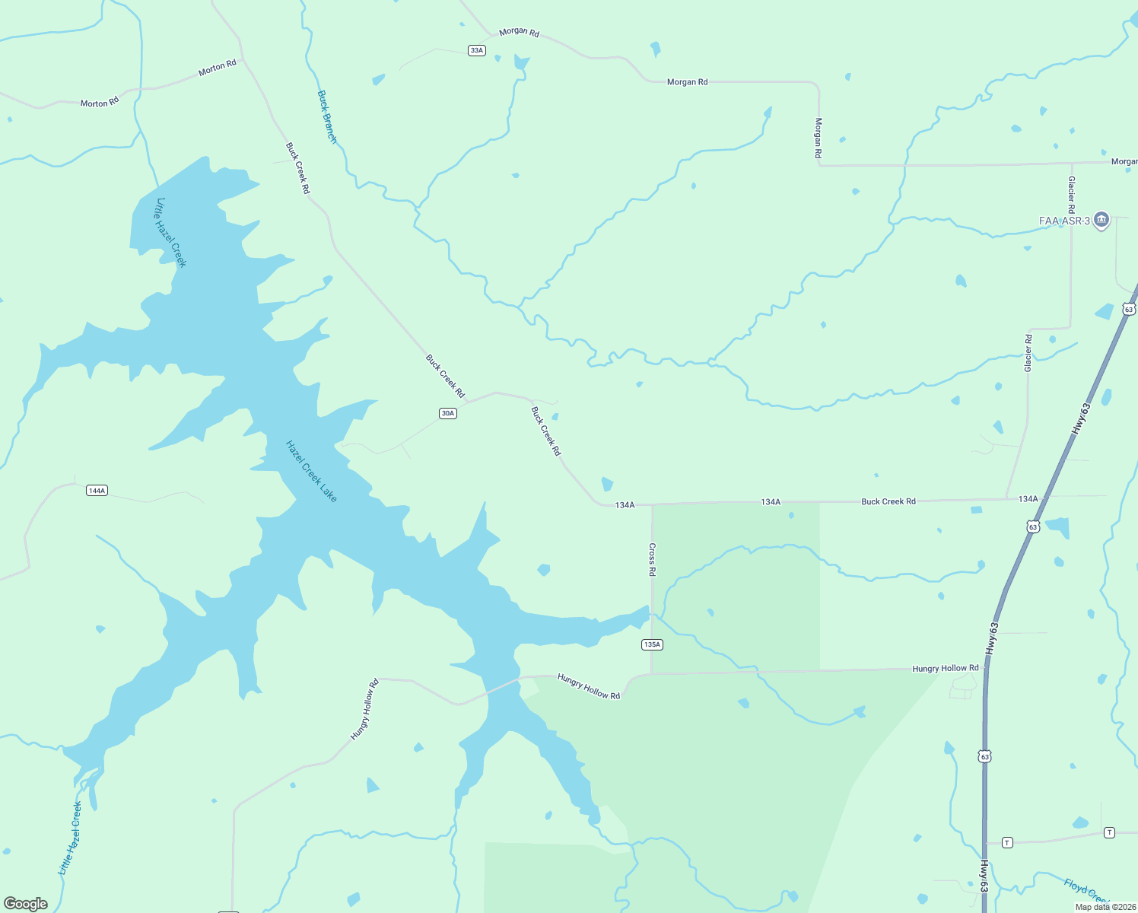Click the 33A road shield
click(476, 50)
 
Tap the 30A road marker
click(447, 413)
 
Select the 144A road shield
click(97, 491)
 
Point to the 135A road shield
click(652, 644)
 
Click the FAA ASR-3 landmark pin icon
click(1101, 221)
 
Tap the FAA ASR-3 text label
click(1064, 221)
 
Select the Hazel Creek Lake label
click(311, 471)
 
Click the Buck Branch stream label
click(327, 117)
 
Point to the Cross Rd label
click(652, 559)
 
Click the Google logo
click(25, 904)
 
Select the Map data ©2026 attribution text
click(1105, 907)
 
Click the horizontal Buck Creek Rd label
click(888, 501)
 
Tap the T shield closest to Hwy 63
click(1007, 842)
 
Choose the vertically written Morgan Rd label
click(819, 138)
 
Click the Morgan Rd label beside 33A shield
click(519, 32)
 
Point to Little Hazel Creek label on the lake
click(170, 233)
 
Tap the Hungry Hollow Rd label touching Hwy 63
click(946, 668)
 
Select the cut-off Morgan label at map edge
click(1124, 161)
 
